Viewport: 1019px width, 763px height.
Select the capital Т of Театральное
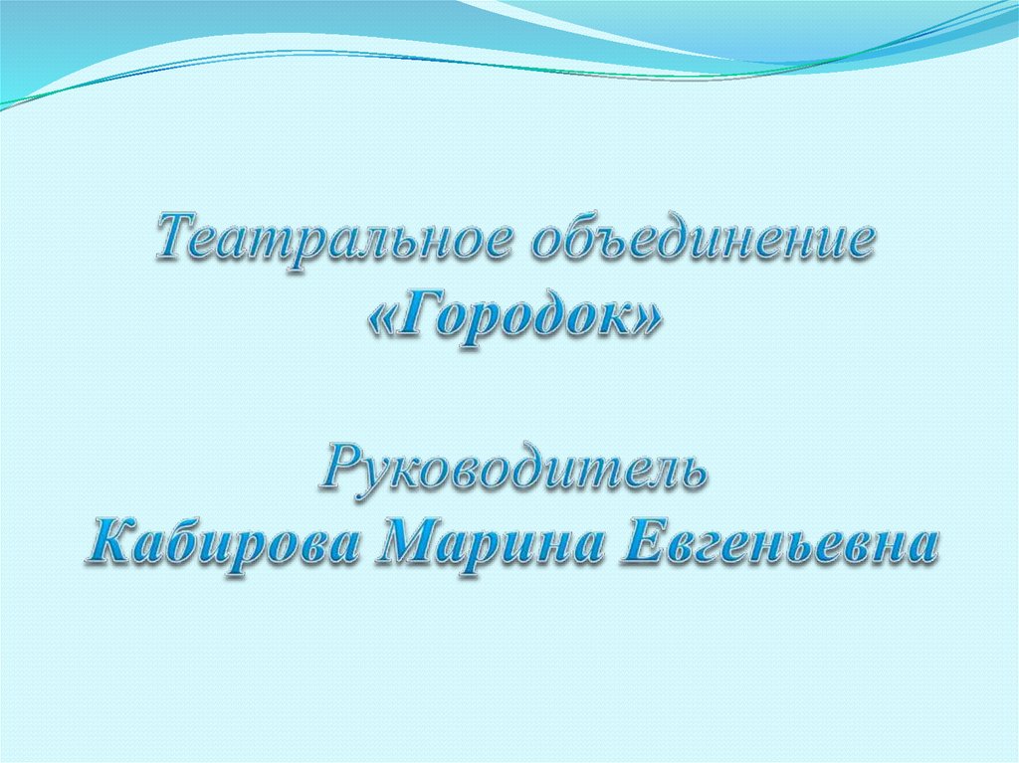click(177, 241)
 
